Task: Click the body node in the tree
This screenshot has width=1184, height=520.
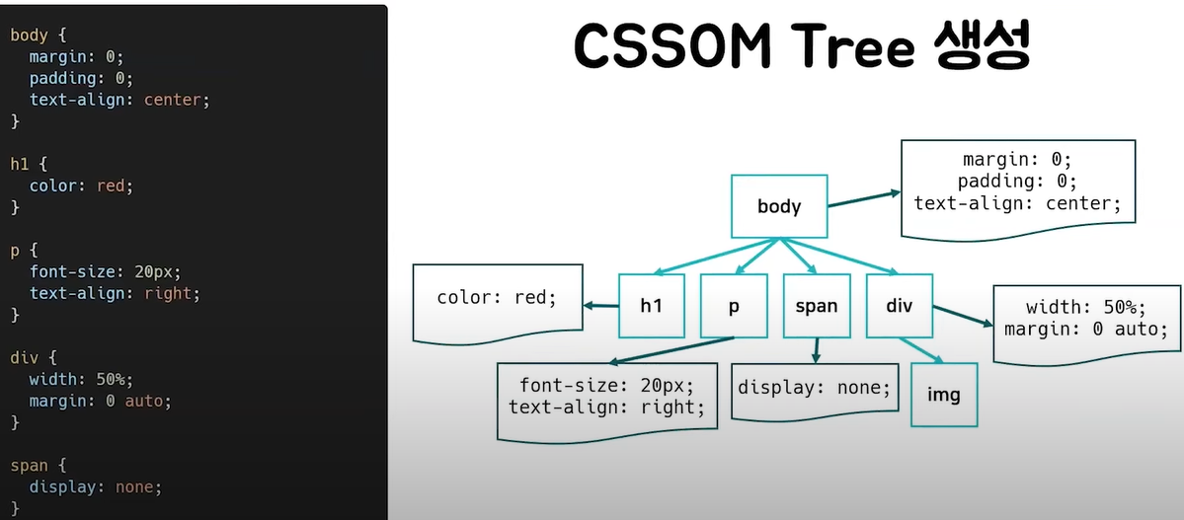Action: pyautogui.click(x=779, y=206)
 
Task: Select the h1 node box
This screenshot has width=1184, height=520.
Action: pyautogui.click(x=651, y=306)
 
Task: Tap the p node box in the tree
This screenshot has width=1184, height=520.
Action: pyautogui.click(x=734, y=306)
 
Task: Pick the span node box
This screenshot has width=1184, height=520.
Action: pyautogui.click(x=817, y=306)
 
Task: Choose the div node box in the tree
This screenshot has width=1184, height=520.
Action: pyautogui.click(x=899, y=306)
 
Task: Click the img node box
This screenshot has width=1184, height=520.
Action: pyautogui.click(x=944, y=395)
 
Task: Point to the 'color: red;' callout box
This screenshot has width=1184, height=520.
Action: pyautogui.click(x=497, y=299)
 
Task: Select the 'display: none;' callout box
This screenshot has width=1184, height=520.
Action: pyautogui.click(x=815, y=389)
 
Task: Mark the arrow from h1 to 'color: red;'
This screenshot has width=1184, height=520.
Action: pyautogui.click(x=600, y=306)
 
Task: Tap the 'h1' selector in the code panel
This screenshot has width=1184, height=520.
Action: pyautogui.click(x=21, y=164)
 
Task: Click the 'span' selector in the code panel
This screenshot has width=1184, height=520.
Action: pyautogui.click(x=29, y=465)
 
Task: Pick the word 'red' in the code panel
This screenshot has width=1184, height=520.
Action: pyautogui.click(x=110, y=186)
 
